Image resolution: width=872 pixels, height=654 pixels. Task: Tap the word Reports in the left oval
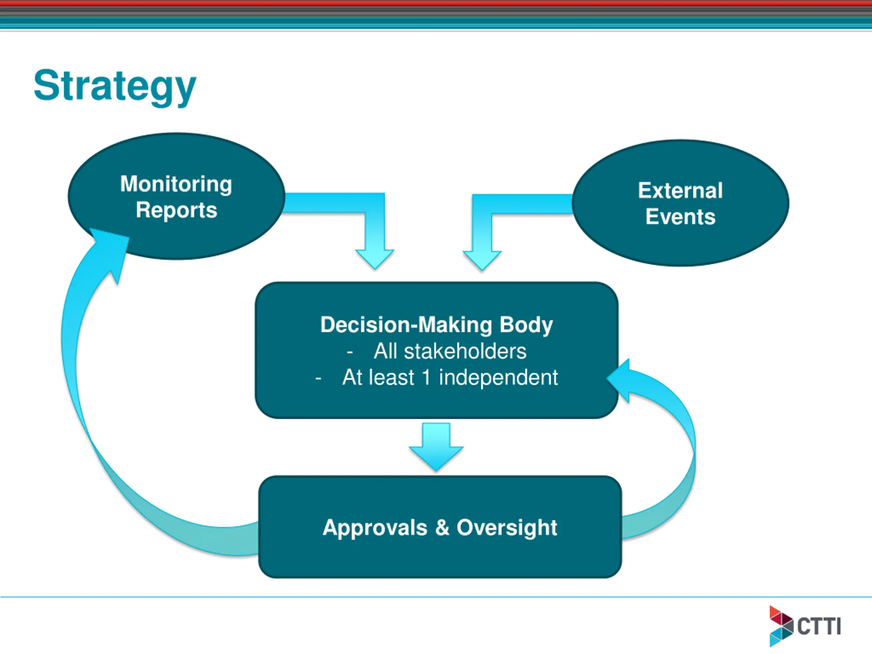pos(176,210)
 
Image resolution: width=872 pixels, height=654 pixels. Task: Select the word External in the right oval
pos(681,190)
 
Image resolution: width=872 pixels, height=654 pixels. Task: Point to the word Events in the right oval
pos(681,217)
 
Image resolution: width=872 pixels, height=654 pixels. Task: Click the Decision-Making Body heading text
pos(436,325)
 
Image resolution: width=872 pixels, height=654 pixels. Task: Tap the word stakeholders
pos(465,351)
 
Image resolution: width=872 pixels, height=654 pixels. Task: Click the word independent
pos(498,377)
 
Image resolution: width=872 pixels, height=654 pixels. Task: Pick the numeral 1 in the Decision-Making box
pos(426,377)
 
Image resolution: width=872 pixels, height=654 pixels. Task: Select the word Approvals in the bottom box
pos(375,528)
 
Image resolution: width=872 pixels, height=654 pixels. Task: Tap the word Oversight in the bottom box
pos(507,528)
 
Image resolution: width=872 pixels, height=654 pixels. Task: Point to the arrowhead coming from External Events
pos(482,260)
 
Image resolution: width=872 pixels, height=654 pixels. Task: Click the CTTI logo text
pos(819,626)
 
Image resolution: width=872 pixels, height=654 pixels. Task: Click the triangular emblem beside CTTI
pos(781,626)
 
